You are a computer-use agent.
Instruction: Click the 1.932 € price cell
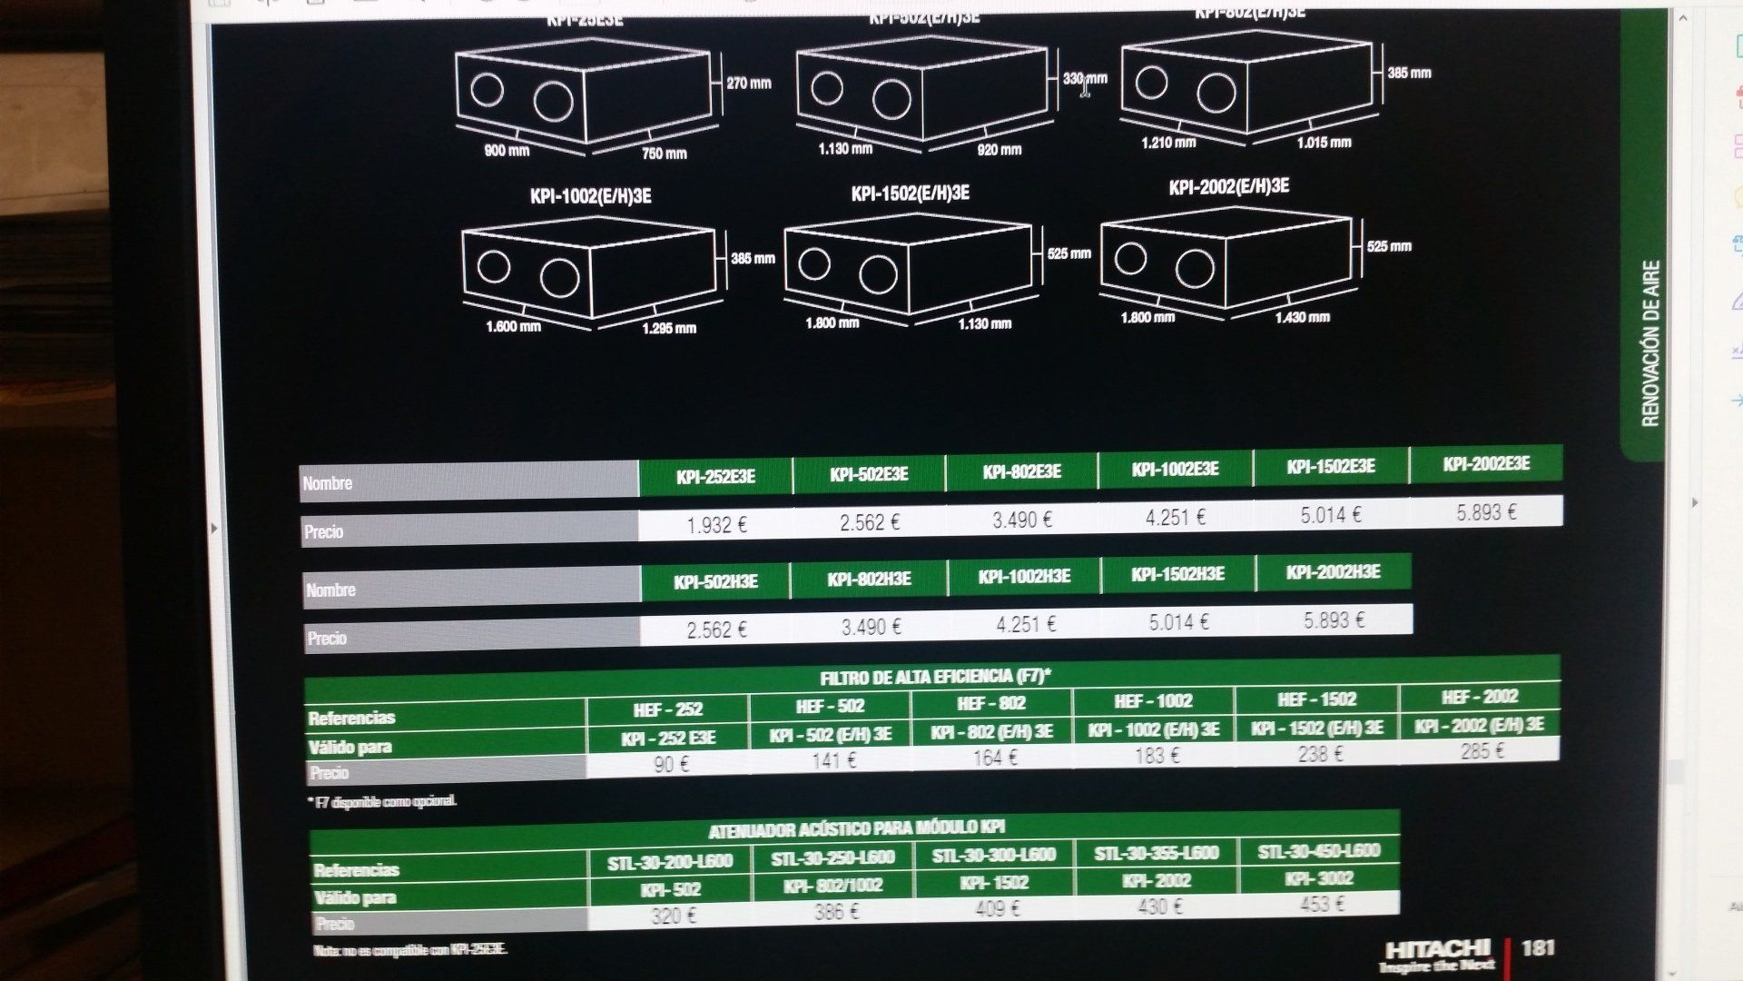[x=716, y=525]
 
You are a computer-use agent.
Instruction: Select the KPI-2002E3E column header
[x=1486, y=464]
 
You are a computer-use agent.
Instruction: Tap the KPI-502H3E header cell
[x=715, y=581]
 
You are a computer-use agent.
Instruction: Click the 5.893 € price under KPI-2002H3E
[x=1334, y=620]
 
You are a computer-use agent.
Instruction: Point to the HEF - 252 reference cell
[x=668, y=709]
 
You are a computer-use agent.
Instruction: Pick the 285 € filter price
[x=1482, y=751]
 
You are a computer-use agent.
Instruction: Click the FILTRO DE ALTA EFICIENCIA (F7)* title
[x=935, y=677]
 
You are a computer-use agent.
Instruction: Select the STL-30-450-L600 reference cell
[x=1318, y=851]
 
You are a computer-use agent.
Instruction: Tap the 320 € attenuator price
[x=673, y=916]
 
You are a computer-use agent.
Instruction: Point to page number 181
[x=1538, y=947]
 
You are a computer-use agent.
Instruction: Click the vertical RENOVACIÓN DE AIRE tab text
[x=1650, y=343]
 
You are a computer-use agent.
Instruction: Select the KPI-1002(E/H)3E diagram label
[x=590, y=196]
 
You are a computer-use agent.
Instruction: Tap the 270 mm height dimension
[x=748, y=84]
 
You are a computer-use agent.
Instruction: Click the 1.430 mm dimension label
[x=1302, y=317]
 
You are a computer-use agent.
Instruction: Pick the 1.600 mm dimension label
[x=513, y=326]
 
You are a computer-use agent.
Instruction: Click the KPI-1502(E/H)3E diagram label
[x=910, y=193]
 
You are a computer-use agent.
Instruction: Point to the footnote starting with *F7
[x=382, y=801]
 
